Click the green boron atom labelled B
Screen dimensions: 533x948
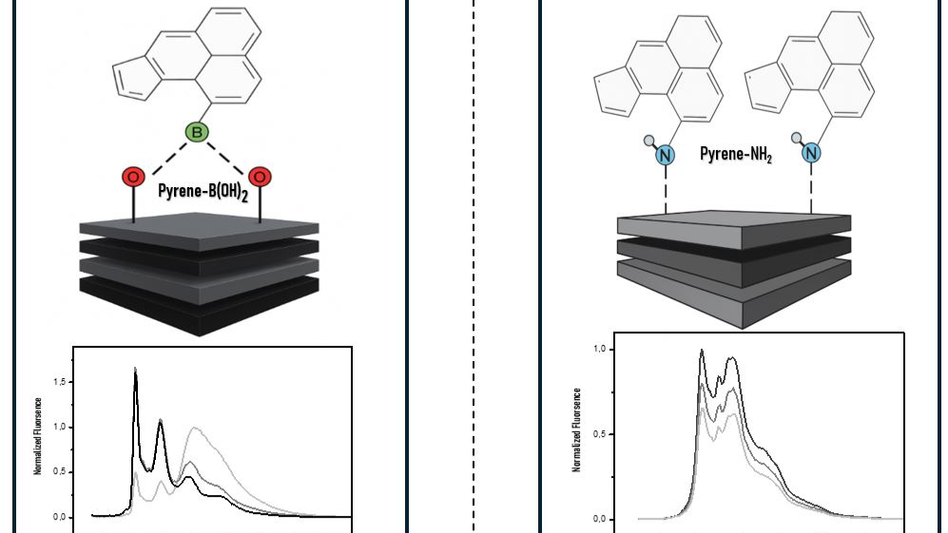pos(197,133)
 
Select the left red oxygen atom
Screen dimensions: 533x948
pos(133,177)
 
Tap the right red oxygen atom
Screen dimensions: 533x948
pos(260,177)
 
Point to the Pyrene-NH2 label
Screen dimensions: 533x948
pos(735,154)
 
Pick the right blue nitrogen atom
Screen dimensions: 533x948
pos(810,153)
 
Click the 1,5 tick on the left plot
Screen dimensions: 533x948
pos(61,382)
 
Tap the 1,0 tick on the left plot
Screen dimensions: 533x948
pos(61,428)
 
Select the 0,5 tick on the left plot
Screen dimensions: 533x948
pos(61,472)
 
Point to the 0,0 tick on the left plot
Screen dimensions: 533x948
pos(61,518)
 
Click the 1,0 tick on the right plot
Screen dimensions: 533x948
pos(600,350)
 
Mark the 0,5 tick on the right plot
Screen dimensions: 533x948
pos(600,434)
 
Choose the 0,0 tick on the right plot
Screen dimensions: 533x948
pos(600,520)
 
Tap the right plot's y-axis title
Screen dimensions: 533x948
pos(577,429)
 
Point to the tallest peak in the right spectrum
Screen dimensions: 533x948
pos(702,351)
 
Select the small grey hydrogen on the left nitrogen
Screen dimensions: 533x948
pos(649,140)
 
